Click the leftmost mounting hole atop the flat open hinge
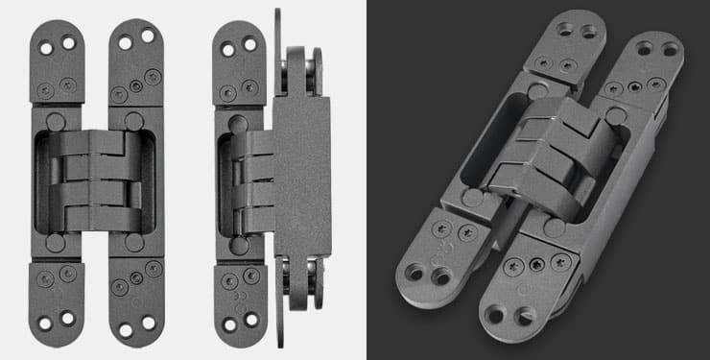pyautogui.click(x=49, y=43)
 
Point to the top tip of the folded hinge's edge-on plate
pyautogui.click(x=277, y=13)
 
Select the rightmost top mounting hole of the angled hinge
pyautogui.click(x=670, y=47)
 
